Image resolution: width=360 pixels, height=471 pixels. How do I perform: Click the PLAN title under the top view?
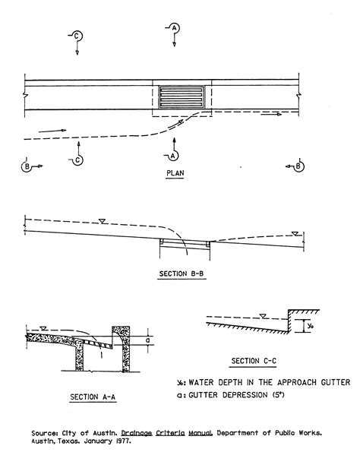pyautogui.click(x=175, y=173)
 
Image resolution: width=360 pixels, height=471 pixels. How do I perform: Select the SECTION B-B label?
pyautogui.click(x=182, y=273)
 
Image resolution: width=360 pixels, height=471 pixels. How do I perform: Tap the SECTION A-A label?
pyautogui.click(x=93, y=397)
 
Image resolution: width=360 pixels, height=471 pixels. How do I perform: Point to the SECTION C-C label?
pyautogui.click(x=254, y=361)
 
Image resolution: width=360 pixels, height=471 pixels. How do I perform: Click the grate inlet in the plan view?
pyautogui.click(x=182, y=97)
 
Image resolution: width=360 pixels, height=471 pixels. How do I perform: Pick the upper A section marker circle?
pyautogui.click(x=175, y=28)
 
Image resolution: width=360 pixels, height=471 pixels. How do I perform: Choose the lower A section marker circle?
pyautogui.click(x=173, y=156)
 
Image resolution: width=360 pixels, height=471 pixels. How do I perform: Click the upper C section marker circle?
pyautogui.click(x=77, y=36)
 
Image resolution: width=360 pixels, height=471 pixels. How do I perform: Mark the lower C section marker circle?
pyautogui.click(x=77, y=160)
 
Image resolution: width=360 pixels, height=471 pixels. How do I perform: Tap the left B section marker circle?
pyautogui.click(x=27, y=166)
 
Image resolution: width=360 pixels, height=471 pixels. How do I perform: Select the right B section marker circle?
pyautogui.click(x=298, y=166)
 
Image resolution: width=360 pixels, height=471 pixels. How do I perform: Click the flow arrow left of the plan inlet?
pyautogui.click(x=52, y=131)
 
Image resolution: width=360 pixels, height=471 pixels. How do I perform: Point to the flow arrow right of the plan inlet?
pyautogui.click(x=271, y=114)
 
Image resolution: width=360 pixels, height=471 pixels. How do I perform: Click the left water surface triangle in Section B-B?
pyautogui.click(x=102, y=221)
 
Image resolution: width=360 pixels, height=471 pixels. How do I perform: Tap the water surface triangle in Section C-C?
pyautogui.click(x=263, y=316)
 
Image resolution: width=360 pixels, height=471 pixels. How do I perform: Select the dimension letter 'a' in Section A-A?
pyautogui.click(x=147, y=340)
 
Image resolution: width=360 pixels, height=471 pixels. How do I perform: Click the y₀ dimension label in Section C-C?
pyautogui.click(x=311, y=326)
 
